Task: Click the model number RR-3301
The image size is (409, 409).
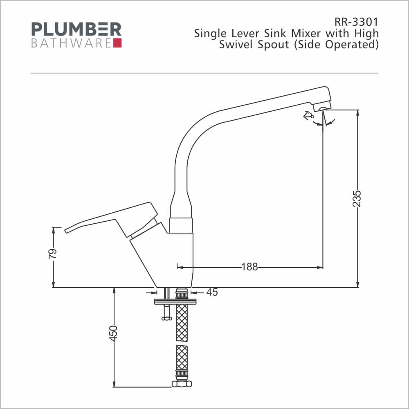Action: (x=356, y=22)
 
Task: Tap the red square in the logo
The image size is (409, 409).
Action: (x=117, y=43)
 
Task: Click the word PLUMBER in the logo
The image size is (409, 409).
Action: (x=76, y=29)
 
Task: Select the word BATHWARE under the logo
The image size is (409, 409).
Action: (x=71, y=43)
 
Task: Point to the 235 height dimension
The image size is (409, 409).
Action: (x=357, y=199)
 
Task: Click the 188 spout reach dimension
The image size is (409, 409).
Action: (x=249, y=267)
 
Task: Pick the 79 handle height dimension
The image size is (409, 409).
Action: (x=52, y=254)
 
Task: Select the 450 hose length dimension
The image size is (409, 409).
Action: (x=113, y=333)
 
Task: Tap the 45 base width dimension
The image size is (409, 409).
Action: (x=212, y=292)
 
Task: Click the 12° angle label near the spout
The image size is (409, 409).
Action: (x=308, y=116)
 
